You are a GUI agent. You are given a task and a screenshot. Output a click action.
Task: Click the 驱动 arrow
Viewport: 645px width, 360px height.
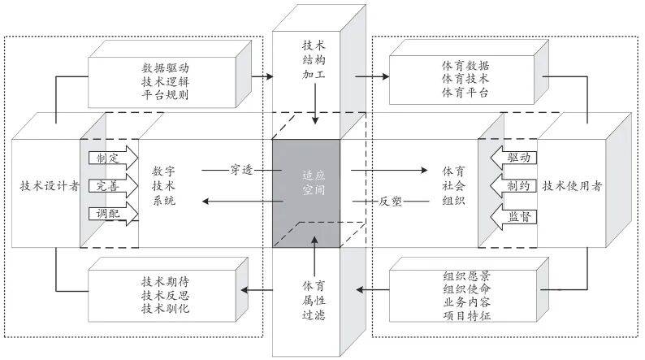[512, 156]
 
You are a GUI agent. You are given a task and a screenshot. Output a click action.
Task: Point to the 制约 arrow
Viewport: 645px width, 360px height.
[512, 185]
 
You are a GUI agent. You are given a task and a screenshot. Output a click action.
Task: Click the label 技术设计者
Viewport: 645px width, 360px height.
[49, 185]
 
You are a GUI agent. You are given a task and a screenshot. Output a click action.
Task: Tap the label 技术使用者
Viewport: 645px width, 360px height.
[572, 185]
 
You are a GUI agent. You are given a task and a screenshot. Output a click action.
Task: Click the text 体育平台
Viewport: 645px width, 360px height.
[464, 92]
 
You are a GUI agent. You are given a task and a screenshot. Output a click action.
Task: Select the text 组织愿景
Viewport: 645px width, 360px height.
[467, 275]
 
